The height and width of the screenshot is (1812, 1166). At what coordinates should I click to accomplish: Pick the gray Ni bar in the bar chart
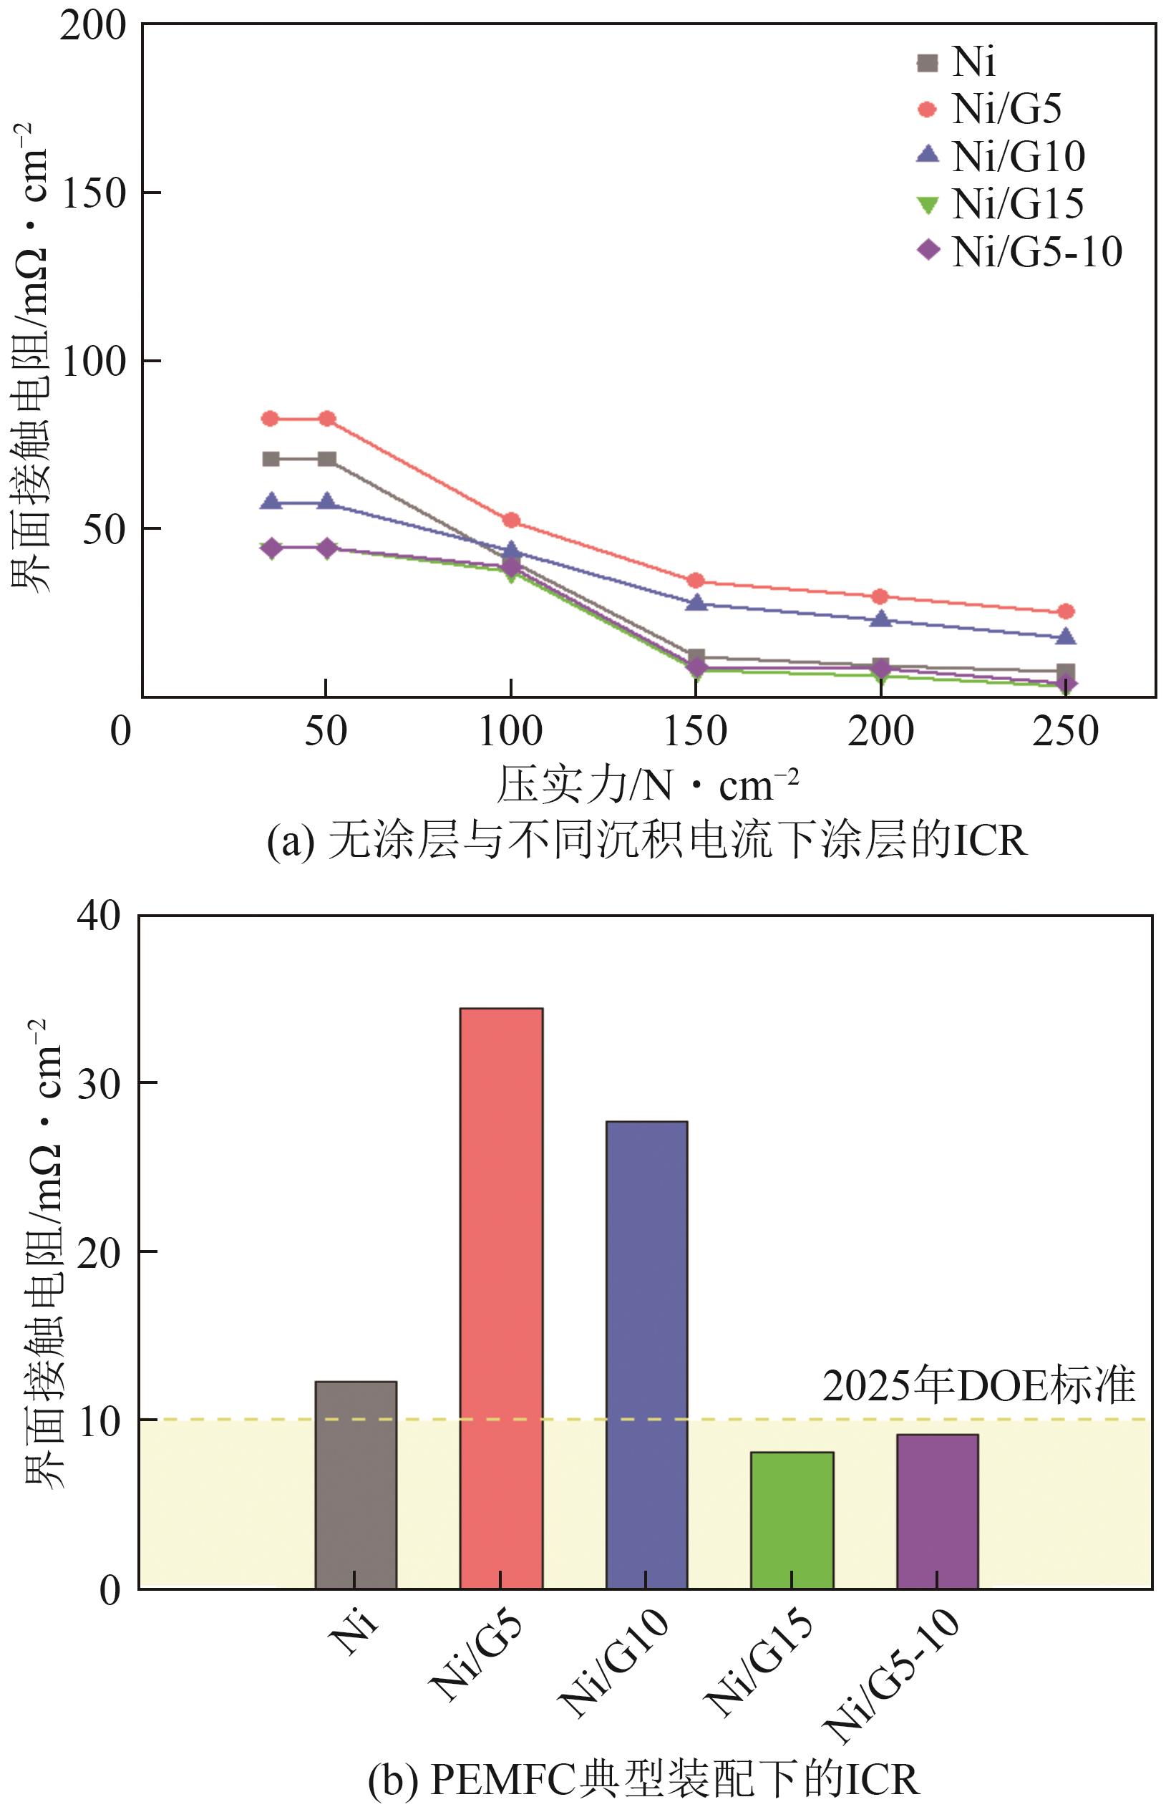pyautogui.click(x=356, y=1485)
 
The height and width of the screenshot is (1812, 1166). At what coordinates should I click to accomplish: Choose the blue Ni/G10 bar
pyautogui.click(x=646, y=1355)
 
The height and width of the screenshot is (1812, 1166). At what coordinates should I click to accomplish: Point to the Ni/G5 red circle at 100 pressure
pyautogui.click(x=511, y=520)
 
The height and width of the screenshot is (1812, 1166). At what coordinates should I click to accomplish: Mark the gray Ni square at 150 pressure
pyautogui.click(x=696, y=656)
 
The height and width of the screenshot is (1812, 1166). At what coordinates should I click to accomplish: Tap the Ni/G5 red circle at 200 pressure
pyautogui.click(x=880, y=596)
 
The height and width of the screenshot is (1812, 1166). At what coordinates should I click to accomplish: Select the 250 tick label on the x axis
pyautogui.click(x=1065, y=732)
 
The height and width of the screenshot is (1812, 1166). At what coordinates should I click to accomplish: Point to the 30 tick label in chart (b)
pyautogui.click(x=99, y=1085)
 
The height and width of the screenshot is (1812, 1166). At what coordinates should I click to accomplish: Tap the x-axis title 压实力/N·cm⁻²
pyautogui.click(x=647, y=785)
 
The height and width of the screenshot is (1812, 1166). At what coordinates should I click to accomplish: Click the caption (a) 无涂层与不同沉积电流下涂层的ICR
pyautogui.click(x=647, y=840)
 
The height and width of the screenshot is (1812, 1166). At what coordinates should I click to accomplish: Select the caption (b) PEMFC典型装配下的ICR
pyautogui.click(x=643, y=1778)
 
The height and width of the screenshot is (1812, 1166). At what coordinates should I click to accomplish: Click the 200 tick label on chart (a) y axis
pyautogui.click(x=93, y=26)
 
